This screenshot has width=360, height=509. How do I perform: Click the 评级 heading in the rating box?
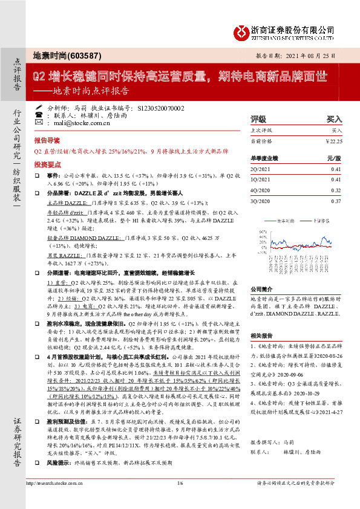click(x=258, y=120)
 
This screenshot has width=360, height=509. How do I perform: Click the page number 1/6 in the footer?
click(x=180, y=500)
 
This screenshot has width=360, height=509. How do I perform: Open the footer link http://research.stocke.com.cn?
click(x=55, y=500)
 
